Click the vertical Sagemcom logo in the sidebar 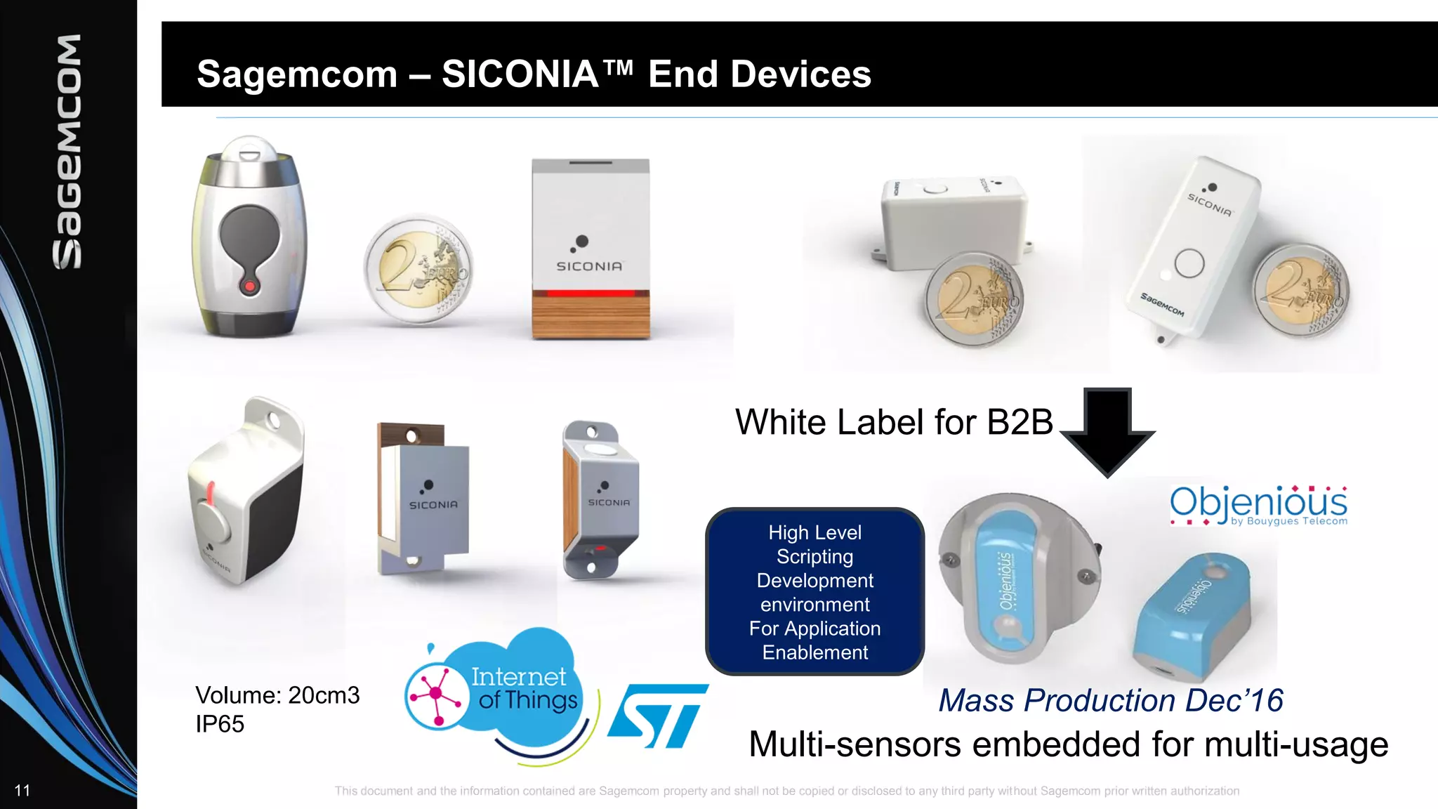click(67, 151)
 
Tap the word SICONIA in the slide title click(520, 74)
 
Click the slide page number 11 click(22, 791)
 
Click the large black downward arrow click(1107, 430)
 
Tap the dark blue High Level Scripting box click(814, 591)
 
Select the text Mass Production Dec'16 click(1111, 700)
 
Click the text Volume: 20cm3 click(277, 695)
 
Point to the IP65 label click(220, 724)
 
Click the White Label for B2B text click(894, 422)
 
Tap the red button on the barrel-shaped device click(249, 286)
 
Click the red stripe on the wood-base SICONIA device click(591, 294)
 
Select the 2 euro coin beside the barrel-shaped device click(418, 269)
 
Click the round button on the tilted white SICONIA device click(1189, 263)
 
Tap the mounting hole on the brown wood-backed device click(412, 436)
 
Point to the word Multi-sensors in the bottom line click(854, 744)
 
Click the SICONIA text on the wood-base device click(589, 266)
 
